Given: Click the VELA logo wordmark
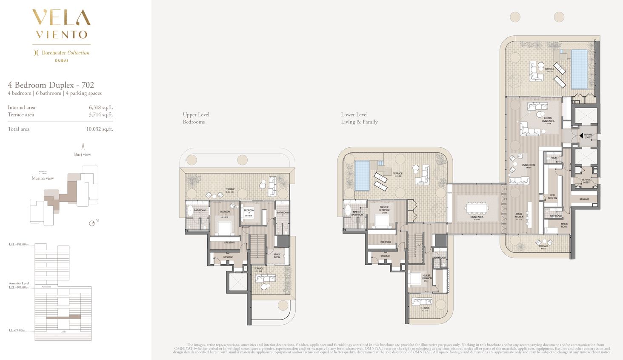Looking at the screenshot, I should (x=61, y=18).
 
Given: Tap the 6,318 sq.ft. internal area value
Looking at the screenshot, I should (x=101, y=108).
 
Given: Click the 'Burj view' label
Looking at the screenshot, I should (x=83, y=154).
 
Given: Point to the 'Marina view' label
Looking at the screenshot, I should (x=43, y=178).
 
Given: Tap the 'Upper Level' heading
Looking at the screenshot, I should (x=196, y=114).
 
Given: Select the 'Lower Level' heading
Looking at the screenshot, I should (x=354, y=114).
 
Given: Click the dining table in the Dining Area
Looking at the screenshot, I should (x=477, y=208).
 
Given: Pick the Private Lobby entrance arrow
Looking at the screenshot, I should (x=581, y=136).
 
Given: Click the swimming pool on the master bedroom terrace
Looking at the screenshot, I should (x=362, y=176).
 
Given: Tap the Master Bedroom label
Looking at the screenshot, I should (x=384, y=209).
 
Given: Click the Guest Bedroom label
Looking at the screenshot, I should (x=426, y=277).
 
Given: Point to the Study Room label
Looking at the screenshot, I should (x=277, y=256).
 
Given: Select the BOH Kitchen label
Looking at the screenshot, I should (x=552, y=197).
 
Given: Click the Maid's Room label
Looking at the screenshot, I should (x=564, y=225).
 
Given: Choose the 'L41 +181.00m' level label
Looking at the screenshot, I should (x=18, y=245).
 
